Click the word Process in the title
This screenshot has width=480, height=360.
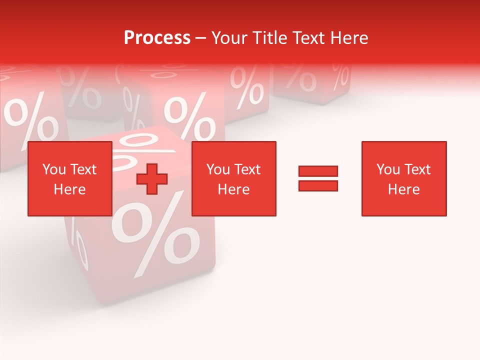(157, 38)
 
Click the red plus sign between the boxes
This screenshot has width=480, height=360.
(152, 179)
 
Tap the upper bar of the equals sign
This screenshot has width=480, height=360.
(318, 171)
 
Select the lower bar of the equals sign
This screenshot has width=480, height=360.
(318, 185)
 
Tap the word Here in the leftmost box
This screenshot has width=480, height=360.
(69, 189)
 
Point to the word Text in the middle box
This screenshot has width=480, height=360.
(247, 169)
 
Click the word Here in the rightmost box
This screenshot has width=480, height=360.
(403, 189)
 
